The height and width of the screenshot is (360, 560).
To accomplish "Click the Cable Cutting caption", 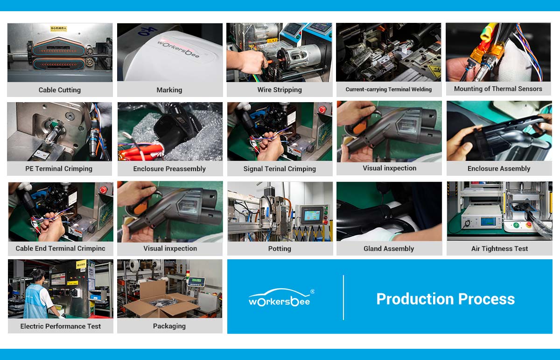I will pos(60,90).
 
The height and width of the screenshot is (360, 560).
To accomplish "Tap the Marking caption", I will pos(169,90).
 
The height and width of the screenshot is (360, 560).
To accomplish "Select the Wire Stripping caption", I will pos(280,90).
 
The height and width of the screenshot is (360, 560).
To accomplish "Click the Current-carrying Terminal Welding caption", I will pos(389,90).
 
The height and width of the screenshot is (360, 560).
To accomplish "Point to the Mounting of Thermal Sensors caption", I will pos(498,89).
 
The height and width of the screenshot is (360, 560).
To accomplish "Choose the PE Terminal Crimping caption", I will pos(59,169).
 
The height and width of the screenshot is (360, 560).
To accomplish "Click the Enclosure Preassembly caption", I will pos(169,169).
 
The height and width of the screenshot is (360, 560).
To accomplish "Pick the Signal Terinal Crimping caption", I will pos(280,169).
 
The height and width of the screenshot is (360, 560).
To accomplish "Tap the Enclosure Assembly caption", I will pos(499,169).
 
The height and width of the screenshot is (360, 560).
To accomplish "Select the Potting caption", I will pos(280,249).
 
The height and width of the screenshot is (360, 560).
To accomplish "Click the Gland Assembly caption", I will pos(389,249).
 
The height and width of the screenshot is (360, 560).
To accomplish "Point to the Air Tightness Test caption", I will pos(499,249).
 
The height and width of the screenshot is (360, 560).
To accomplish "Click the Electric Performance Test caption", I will pos(61,326).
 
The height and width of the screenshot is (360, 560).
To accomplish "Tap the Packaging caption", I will pos(169,326).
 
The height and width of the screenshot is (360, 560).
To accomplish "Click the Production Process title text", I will pos(445,299).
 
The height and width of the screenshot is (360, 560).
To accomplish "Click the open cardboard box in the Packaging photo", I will pos(161,301).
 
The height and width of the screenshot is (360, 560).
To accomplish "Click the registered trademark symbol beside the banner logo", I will pos(312,291).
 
